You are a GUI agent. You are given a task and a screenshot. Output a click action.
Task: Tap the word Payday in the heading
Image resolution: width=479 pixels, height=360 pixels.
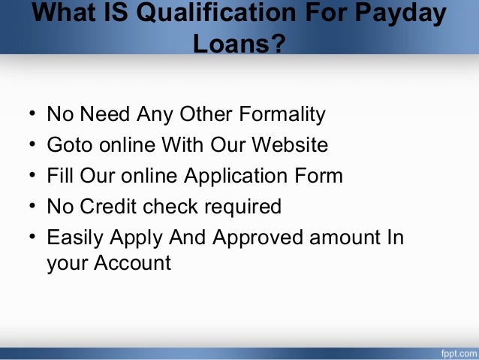pos(406,13)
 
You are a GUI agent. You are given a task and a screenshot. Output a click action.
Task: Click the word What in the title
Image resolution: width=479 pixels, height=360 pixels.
pos(66,13)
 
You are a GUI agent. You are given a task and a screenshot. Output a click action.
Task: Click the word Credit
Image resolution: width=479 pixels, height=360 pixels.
pos(113,206)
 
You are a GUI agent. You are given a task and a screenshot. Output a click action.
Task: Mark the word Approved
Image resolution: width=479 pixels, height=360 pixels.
pos(255,237)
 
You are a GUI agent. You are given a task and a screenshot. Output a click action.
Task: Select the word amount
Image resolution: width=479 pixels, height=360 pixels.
pos(345,237)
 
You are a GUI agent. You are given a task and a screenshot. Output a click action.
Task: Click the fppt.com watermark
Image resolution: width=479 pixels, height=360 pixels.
pos(453,352)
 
